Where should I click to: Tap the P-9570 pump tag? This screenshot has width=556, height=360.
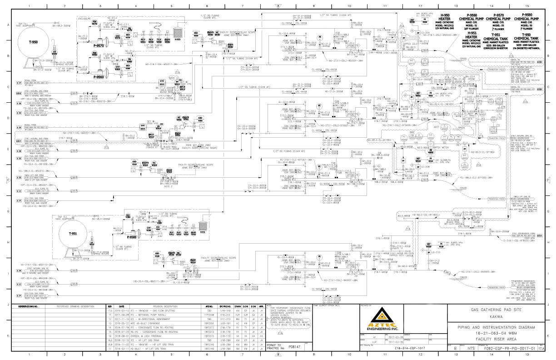pos(99,45)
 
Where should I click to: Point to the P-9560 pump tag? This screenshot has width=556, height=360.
pos(99,77)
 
